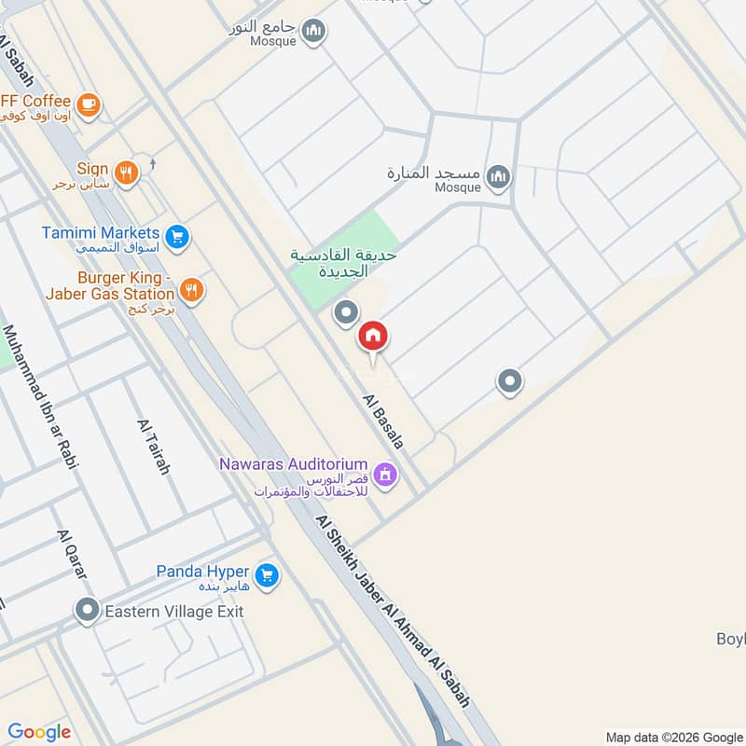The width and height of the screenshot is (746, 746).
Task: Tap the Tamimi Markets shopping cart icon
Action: point(177,237)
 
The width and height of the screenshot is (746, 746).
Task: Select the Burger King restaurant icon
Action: point(191,290)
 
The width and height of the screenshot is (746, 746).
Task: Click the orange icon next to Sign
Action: point(127,172)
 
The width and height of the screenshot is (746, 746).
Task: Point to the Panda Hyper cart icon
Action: point(267,575)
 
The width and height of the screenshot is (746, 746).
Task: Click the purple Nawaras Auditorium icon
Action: point(386,477)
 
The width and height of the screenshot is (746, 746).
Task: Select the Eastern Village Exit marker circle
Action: point(88,612)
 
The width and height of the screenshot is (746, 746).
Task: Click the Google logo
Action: point(39,732)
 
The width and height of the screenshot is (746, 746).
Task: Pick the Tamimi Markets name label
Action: point(101,232)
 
